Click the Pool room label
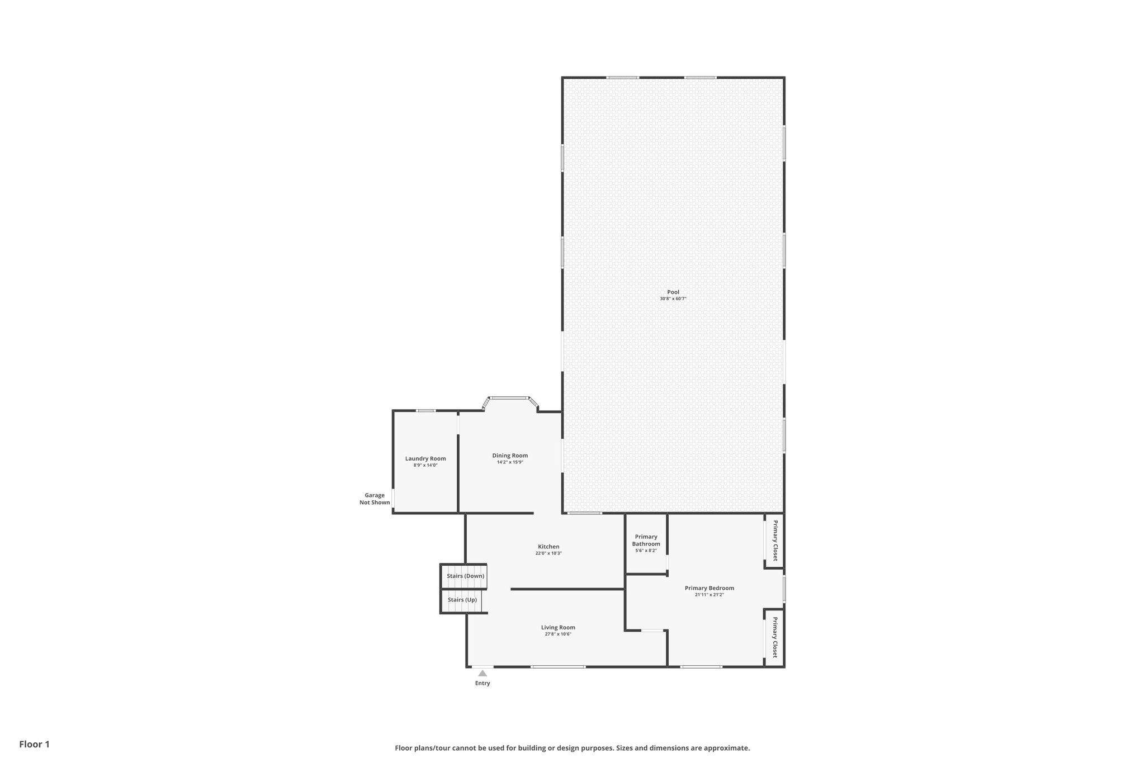[673, 292]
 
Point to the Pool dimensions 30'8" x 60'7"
[673, 299]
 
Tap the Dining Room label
[510, 456]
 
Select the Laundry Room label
[425, 459]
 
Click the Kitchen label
[548, 547]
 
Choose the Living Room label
[558, 627]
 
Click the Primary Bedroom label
[709, 588]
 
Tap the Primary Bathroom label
[646, 541]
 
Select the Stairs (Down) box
[465, 576]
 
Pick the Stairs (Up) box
[462, 600]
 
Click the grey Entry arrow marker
[482, 674]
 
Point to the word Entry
[482, 683]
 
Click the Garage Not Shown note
[375, 499]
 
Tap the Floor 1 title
[35, 744]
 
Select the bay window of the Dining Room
[510, 398]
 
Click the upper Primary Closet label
[775, 541]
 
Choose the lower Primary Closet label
[775, 637]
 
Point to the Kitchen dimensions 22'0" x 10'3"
[548, 553]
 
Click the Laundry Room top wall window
[426, 411]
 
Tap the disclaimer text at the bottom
[572, 748]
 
